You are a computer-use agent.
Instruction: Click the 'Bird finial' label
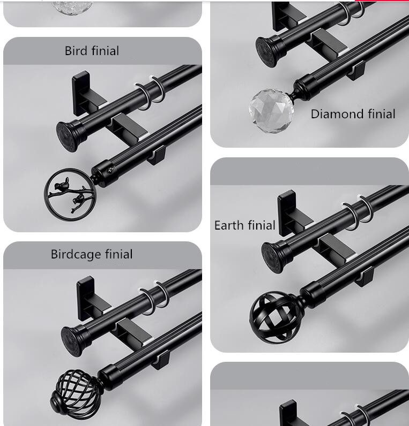pyautogui.click(x=92, y=51)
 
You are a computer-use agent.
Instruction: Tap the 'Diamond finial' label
pyautogui.click(x=353, y=114)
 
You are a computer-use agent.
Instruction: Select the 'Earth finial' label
pyautogui.click(x=244, y=225)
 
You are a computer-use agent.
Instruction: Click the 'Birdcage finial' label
pyautogui.click(x=92, y=254)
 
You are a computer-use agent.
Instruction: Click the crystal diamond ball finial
pyautogui.click(x=271, y=110)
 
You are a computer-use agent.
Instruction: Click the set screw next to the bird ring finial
pyautogui.click(x=112, y=170)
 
